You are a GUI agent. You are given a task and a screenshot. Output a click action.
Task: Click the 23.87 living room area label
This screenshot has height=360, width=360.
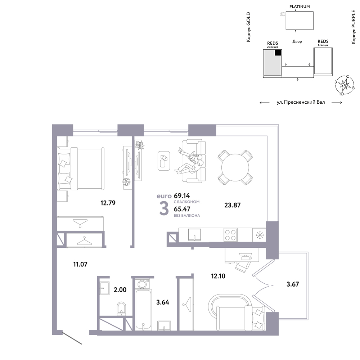[232, 205]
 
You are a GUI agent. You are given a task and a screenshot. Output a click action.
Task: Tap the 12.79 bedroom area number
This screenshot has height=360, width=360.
[108, 203]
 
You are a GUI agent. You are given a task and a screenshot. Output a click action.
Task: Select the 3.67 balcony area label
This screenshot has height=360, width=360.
[293, 284]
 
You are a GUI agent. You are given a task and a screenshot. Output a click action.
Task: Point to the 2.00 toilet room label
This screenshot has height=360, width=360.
[120, 290]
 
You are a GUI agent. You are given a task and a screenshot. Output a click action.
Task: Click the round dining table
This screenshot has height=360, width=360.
[235, 167]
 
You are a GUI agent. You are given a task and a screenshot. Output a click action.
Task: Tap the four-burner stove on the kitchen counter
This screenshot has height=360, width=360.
[230, 235]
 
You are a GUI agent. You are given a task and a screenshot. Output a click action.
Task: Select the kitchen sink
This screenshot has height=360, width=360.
[194, 234]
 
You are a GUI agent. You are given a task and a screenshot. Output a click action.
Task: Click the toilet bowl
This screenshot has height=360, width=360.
[121, 309]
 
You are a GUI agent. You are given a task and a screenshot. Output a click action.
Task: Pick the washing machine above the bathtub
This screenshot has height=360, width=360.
[142, 284]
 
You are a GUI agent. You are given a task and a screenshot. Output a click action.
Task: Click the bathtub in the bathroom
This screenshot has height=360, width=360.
[144, 310]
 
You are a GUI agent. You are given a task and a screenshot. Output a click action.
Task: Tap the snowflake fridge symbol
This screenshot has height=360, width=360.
[260, 235]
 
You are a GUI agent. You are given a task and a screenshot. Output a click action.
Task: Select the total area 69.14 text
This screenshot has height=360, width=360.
[182, 196]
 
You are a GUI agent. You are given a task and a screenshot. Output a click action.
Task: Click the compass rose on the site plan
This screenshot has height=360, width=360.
[345, 85]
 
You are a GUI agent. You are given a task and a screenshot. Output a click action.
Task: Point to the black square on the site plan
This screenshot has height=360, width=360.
[278, 53]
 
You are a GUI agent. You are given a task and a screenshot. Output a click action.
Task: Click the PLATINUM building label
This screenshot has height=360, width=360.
[300, 6]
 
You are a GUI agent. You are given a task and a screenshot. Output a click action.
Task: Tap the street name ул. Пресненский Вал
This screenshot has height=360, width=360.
[301, 102]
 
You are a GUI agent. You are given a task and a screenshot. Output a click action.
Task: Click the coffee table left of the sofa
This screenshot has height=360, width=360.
[164, 161]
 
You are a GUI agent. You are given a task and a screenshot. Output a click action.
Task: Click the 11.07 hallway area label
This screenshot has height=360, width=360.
[80, 264]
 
